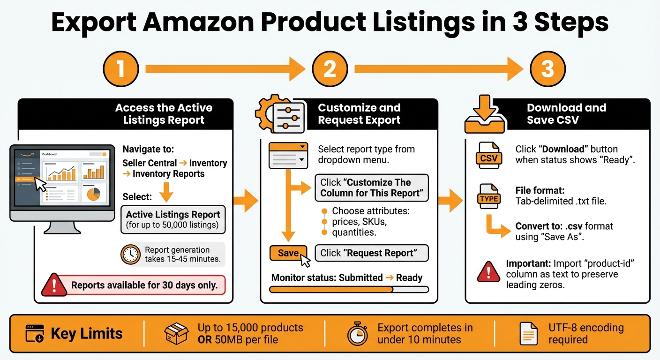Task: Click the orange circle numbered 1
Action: (121, 69)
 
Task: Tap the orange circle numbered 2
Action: (330, 69)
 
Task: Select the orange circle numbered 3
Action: (547, 69)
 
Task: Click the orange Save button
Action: (288, 253)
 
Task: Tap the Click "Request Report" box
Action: (372, 253)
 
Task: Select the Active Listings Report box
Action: (173, 219)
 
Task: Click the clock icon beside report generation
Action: (130, 255)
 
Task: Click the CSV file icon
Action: (488, 155)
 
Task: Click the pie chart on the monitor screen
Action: (94, 194)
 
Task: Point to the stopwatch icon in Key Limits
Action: (357, 334)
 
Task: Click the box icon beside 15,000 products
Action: (176, 334)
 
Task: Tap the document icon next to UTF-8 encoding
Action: (528, 334)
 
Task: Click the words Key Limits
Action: (87, 334)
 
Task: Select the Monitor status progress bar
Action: (349, 290)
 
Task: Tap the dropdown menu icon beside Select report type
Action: (288, 155)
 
